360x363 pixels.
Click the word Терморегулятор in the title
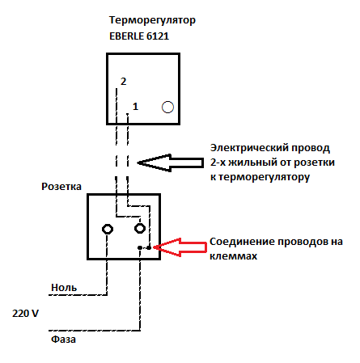[152, 21]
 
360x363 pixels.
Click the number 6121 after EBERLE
[158, 36]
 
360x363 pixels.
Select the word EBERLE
[126, 36]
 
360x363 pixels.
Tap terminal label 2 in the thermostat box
[123, 81]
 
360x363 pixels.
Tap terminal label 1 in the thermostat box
[135, 107]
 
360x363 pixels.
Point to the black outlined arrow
[171, 163]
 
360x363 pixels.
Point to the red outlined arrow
[180, 247]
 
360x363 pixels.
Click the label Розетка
[61, 187]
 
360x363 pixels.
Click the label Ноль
[64, 288]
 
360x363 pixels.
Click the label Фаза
[63, 339]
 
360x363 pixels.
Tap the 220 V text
[25, 314]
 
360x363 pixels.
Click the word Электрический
[248, 148]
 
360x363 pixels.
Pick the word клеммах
[234, 256]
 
